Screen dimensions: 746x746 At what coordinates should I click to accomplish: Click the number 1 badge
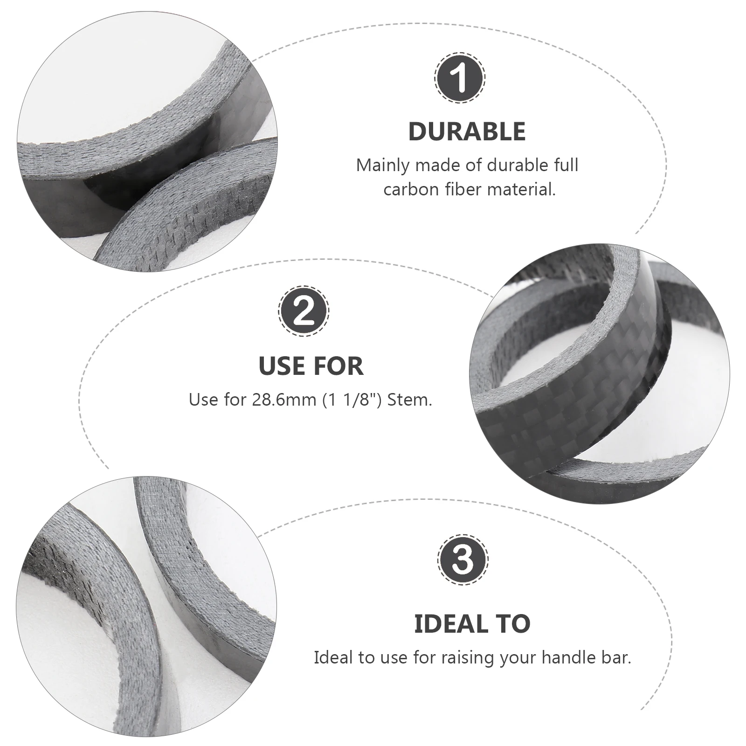coord(460,78)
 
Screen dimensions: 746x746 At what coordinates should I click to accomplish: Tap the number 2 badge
coord(304,311)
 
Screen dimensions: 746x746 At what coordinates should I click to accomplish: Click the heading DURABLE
coord(467,131)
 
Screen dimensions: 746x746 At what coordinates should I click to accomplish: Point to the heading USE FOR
coord(311,366)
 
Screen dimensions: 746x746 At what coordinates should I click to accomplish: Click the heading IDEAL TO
coord(472,624)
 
